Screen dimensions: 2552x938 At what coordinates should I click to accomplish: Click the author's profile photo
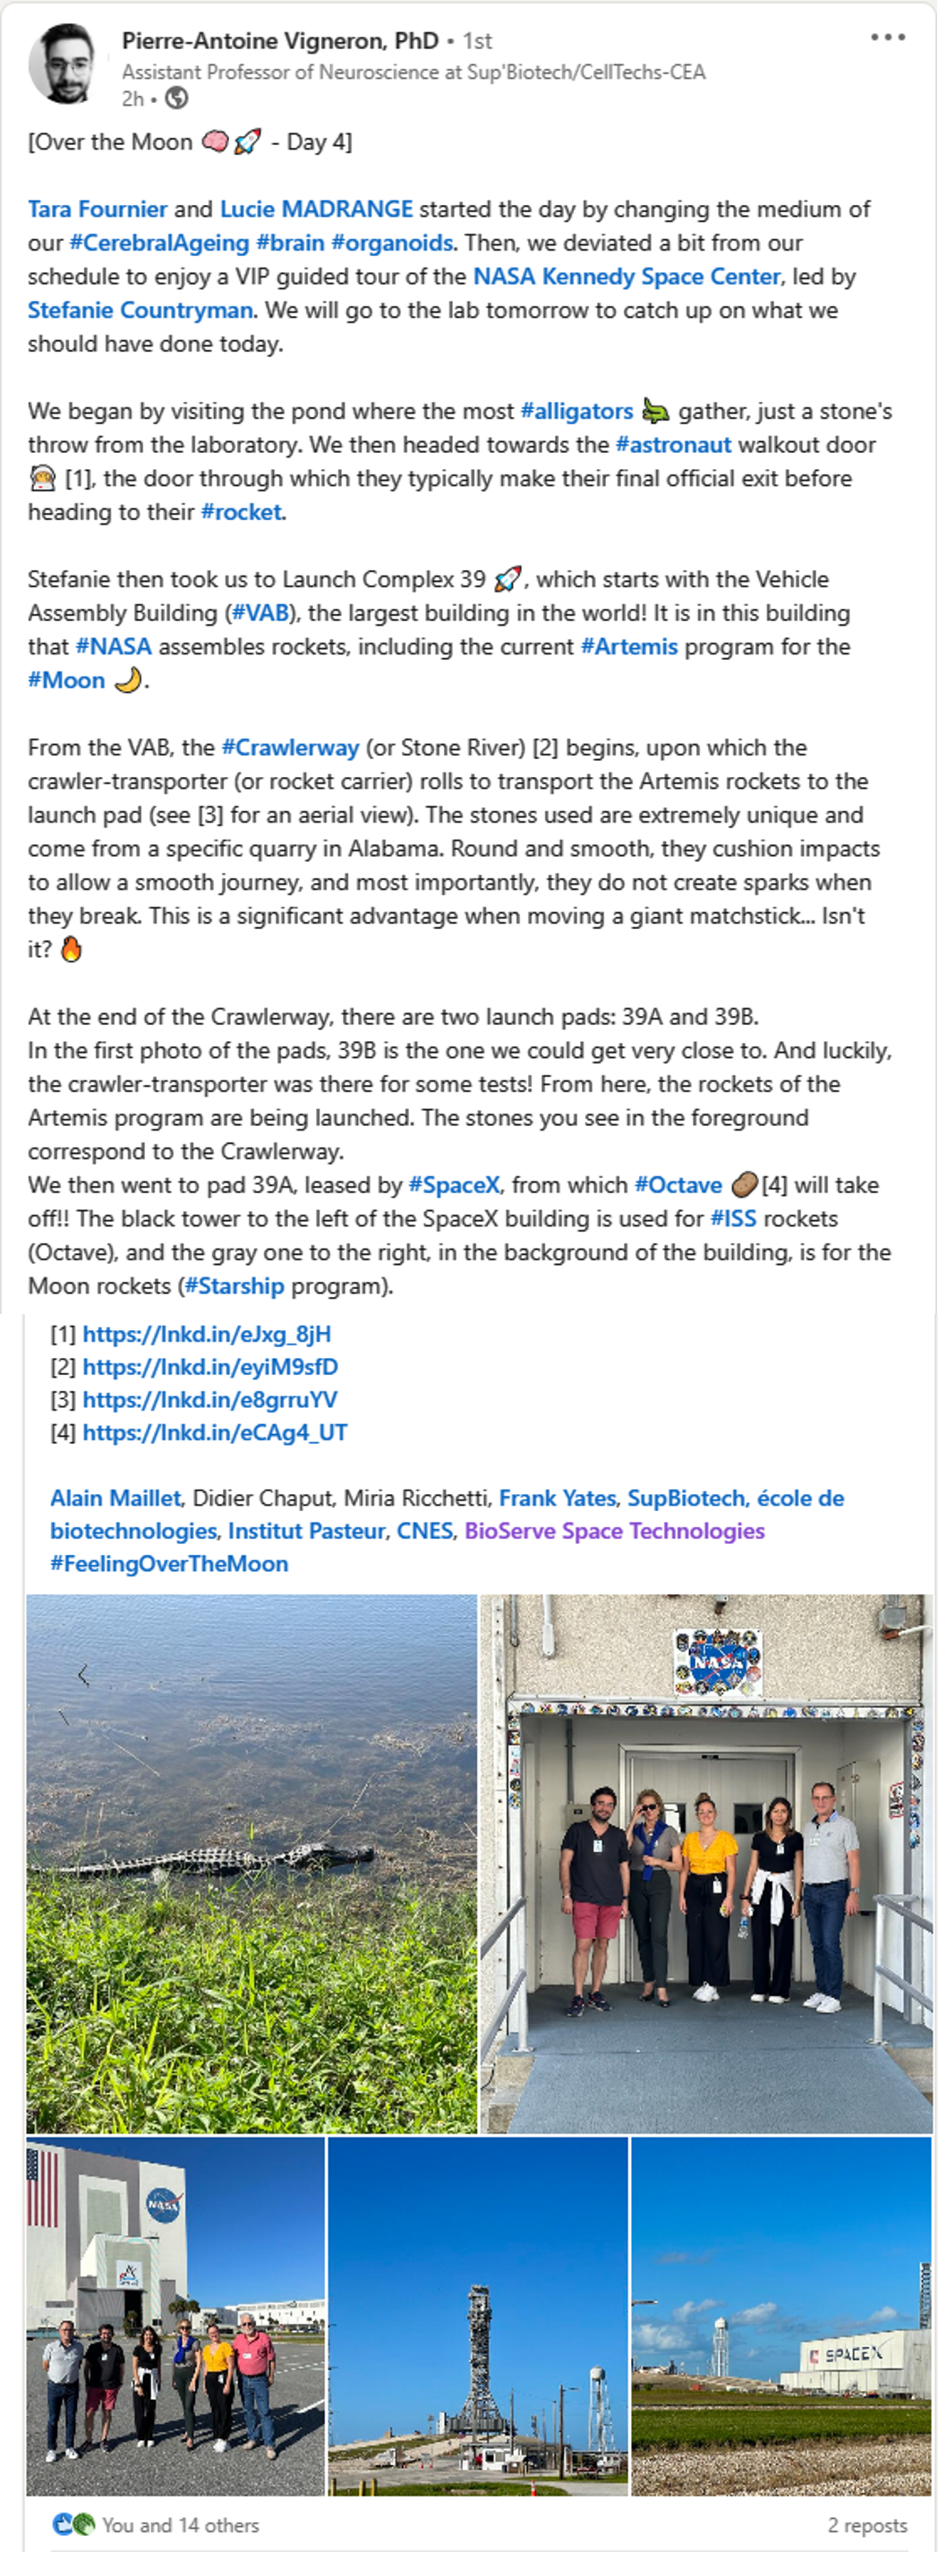pos(65,65)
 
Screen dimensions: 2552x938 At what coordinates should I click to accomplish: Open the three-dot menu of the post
pos(888,38)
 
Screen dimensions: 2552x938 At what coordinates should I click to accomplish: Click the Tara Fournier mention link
pos(97,209)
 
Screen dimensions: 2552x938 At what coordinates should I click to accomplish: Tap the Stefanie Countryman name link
pos(140,310)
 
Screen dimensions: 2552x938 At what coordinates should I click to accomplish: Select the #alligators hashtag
pos(576,411)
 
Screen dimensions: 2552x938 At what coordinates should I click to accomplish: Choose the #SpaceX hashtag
pos(454,1185)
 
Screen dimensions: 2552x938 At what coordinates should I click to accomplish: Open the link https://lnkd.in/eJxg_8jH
pos(206,1334)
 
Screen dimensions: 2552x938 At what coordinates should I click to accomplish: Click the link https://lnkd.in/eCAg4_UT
pos(214,1432)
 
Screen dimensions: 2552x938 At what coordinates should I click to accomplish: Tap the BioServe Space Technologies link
pos(614,1531)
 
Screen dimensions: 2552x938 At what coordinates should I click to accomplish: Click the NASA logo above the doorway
pos(717,1661)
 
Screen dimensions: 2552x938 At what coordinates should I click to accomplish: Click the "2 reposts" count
pos(866,2525)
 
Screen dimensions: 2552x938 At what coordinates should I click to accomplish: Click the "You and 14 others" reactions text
pos(179,2525)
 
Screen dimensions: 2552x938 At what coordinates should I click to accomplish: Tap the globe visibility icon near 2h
pos(176,98)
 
